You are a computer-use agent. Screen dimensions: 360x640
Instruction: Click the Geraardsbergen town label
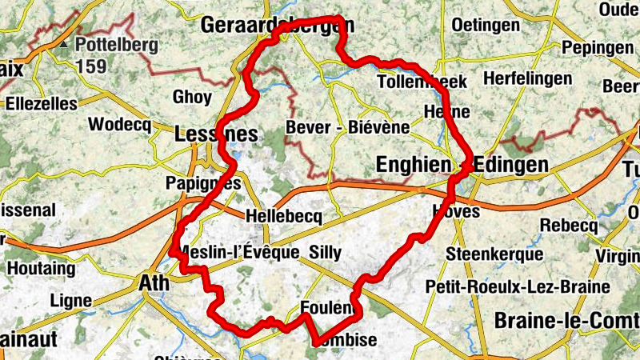pos(276,25)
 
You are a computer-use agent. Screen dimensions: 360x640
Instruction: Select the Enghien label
pos(413,165)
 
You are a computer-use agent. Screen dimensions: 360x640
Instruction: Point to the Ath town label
pos(154,282)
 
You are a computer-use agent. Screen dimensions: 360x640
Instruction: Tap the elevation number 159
pos(92,66)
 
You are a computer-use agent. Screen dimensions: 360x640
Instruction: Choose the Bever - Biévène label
pos(347,127)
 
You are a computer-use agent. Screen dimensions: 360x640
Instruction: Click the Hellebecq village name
pos(284,217)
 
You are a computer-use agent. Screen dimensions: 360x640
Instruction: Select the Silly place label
pos(325,254)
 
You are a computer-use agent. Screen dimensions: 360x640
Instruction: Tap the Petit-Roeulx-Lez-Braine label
pos(518,286)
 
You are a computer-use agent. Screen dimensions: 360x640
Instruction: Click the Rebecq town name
pos(568,226)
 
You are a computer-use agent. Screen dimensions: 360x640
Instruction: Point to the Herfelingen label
pos(527,79)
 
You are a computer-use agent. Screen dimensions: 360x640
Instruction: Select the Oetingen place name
pos(486,26)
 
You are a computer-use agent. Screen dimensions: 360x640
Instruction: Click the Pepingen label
pos(597,48)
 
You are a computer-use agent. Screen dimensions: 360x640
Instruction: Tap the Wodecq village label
pos(119,124)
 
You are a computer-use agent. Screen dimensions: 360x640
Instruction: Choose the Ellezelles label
pos(42,104)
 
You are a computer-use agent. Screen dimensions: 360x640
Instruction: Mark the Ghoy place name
pos(192,98)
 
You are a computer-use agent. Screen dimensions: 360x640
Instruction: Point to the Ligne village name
pos(70,301)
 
